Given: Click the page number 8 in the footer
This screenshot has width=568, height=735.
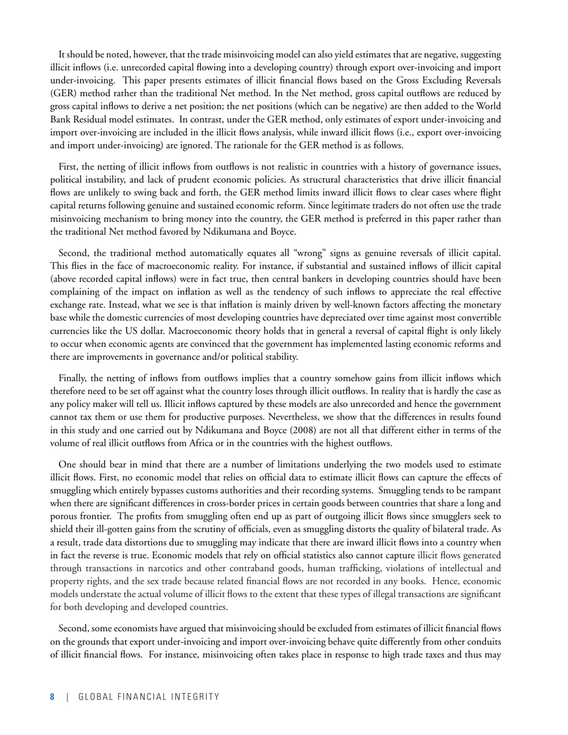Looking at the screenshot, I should [x=52, y=697].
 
